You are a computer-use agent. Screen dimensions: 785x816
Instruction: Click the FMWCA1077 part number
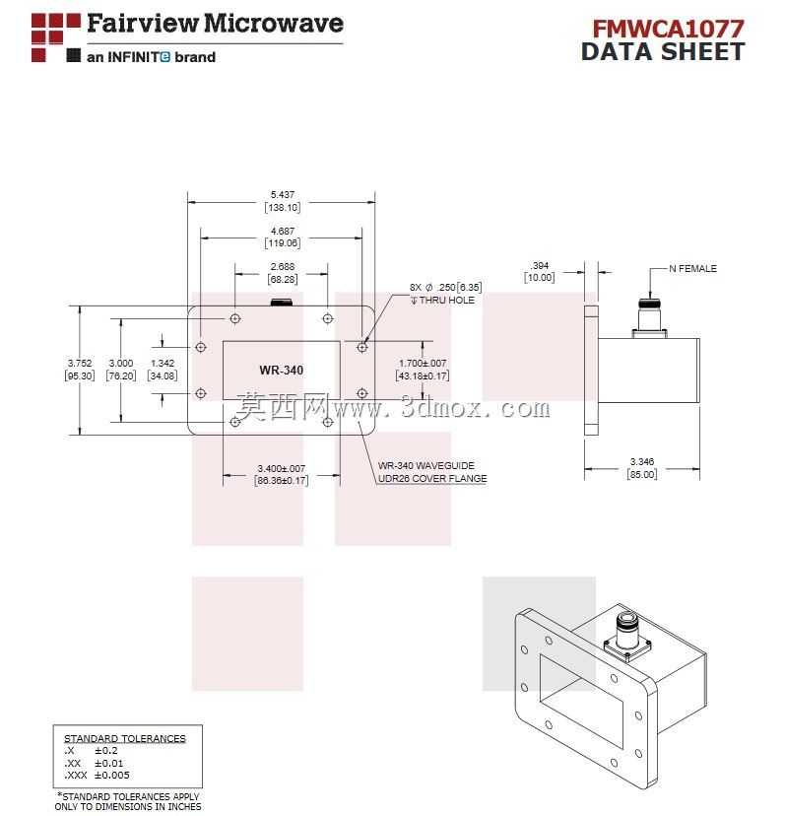668,29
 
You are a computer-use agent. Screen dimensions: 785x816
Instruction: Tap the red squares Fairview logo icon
56,37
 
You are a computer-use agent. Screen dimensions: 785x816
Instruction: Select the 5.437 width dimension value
283,194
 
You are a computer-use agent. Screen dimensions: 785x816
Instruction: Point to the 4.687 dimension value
283,231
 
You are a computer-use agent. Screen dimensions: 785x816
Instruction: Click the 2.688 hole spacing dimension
283,266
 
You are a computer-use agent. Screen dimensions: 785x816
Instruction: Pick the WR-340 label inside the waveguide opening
282,370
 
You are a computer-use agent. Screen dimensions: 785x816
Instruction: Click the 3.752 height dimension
80,364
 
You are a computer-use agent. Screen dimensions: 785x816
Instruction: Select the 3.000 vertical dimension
121,364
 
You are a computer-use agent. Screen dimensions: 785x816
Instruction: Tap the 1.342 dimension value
163,364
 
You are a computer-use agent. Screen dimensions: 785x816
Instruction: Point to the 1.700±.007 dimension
423,364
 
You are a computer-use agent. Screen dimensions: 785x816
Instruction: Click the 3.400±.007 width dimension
282,468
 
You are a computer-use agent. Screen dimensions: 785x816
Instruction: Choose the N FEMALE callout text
693,268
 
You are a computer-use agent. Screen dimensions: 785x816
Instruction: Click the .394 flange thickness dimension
540,265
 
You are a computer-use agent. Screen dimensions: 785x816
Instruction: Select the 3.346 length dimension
642,461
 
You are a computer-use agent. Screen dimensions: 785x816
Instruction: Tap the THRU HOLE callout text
447,301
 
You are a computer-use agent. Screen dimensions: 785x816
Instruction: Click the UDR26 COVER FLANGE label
432,478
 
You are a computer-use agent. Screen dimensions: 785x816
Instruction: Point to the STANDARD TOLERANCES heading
125,738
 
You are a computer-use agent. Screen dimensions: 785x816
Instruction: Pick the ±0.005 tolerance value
112,776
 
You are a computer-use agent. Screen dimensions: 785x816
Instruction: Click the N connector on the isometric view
627,637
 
